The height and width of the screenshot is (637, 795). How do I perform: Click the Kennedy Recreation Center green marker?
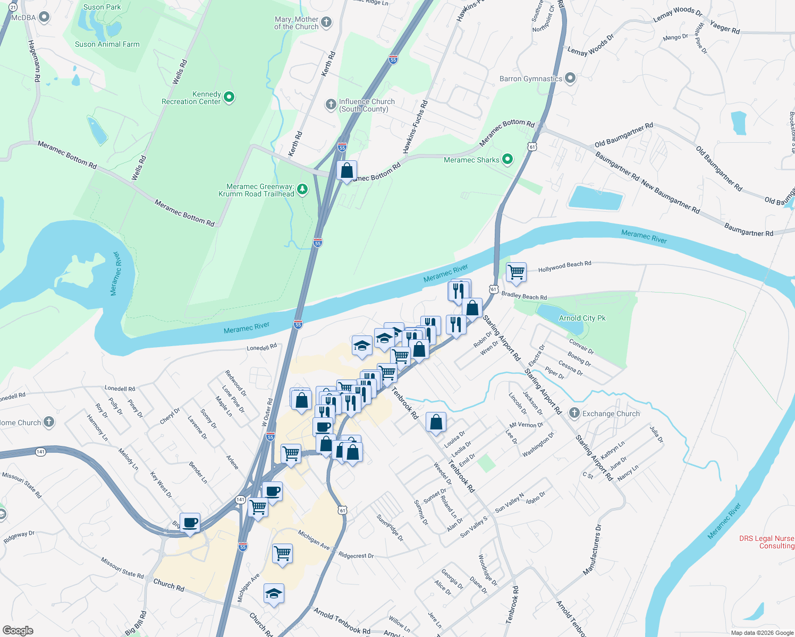click(229, 97)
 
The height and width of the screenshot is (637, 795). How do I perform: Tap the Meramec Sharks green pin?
click(508, 159)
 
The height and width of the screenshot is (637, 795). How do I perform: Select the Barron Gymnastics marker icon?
click(570, 78)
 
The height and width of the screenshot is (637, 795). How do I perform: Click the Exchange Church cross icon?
click(574, 413)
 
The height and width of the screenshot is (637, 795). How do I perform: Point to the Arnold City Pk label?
click(582, 318)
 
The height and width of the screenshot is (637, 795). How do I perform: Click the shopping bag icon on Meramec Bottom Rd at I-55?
click(346, 171)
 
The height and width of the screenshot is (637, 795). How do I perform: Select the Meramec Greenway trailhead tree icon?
click(302, 189)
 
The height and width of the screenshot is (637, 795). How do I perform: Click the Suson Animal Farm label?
click(107, 45)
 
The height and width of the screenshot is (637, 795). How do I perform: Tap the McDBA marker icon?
click(45, 17)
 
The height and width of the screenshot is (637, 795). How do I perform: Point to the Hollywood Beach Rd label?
click(564, 266)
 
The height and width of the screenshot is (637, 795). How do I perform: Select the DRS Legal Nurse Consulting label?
click(766, 542)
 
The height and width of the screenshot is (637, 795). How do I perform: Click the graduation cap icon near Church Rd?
click(274, 594)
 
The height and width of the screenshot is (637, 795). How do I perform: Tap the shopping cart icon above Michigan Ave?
click(282, 554)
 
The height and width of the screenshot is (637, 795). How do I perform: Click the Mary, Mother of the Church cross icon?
click(326, 22)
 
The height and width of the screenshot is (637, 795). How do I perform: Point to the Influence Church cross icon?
click(331, 104)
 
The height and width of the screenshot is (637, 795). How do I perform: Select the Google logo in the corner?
click(18, 631)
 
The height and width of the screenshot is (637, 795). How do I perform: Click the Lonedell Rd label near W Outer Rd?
click(261, 348)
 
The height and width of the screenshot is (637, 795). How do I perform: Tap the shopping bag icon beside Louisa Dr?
click(436, 423)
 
